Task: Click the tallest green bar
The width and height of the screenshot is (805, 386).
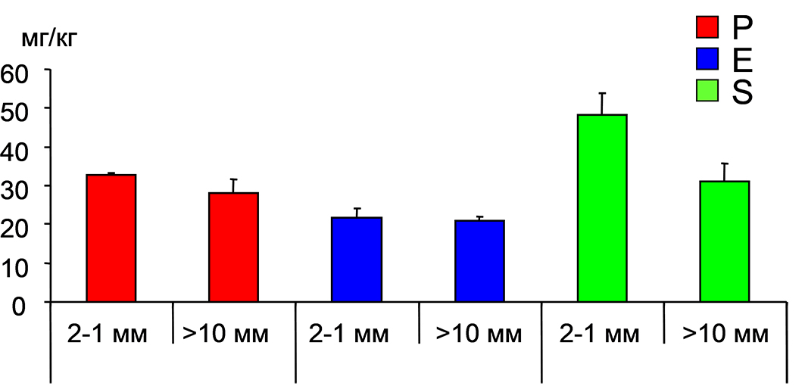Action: (602, 208)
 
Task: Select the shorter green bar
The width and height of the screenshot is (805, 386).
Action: (725, 241)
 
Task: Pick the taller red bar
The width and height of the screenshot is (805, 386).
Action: (111, 238)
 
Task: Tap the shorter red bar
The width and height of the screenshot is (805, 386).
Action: (234, 247)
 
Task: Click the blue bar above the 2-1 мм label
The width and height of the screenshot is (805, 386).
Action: (357, 260)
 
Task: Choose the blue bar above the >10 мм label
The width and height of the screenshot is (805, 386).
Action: (479, 261)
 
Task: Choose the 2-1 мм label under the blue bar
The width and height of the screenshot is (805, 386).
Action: (357, 335)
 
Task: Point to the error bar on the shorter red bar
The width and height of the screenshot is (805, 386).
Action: (234, 185)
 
